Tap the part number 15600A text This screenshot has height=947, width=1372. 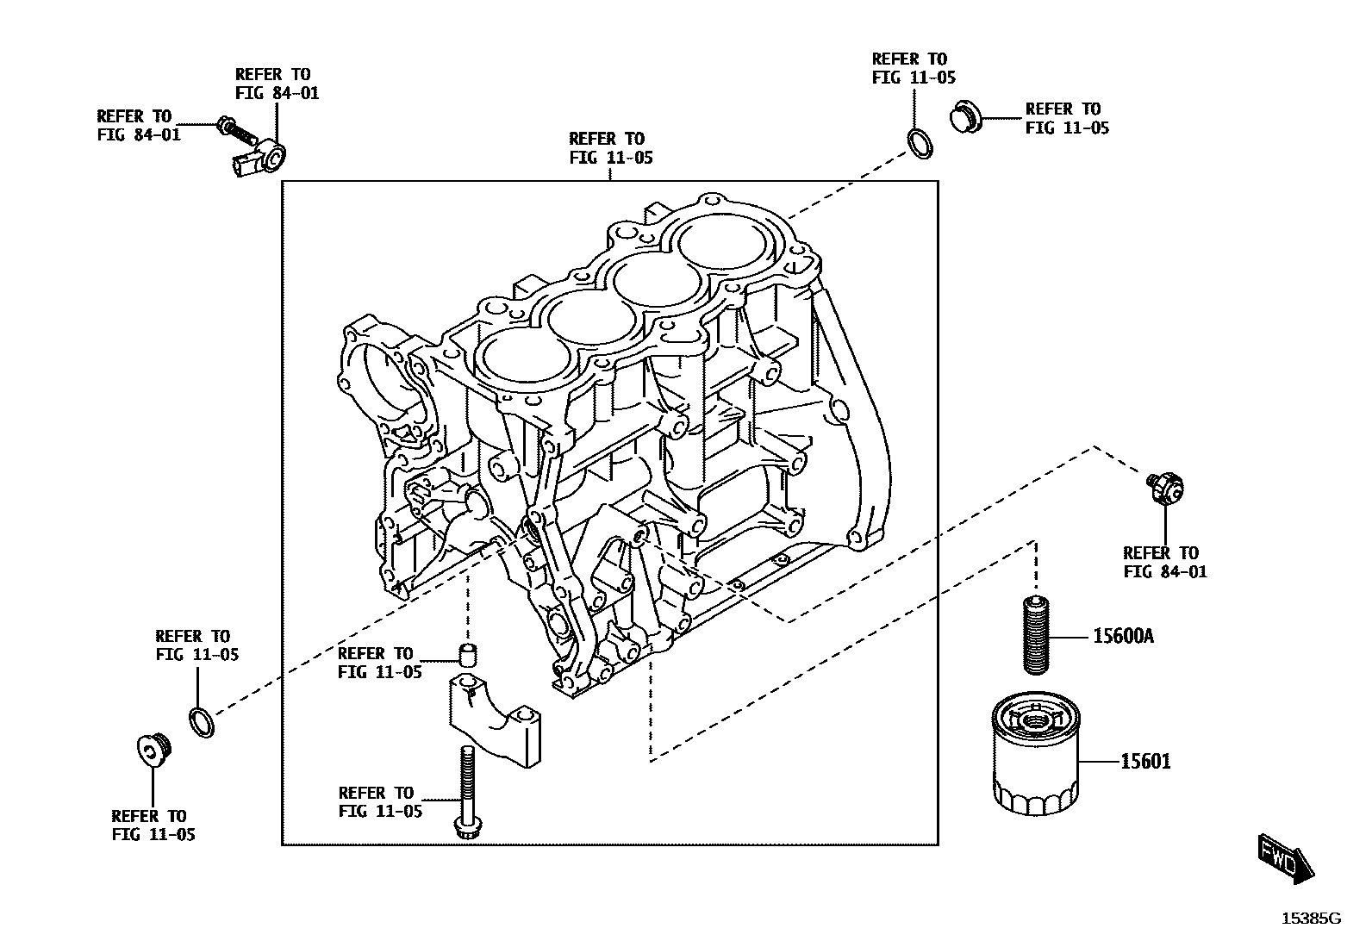[1123, 637]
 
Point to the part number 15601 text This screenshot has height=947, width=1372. [1145, 762]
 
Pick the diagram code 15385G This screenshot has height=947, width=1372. [1310, 919]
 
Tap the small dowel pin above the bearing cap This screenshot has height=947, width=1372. [467, 655]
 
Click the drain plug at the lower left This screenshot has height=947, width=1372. [154, 750]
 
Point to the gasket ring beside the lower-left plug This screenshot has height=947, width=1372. [201, 721]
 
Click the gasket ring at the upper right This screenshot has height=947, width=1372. [920, 144]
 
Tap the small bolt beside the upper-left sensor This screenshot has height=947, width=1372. [235, 130]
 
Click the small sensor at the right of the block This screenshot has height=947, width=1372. [1166, 489]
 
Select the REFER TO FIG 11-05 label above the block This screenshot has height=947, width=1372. [610, 148]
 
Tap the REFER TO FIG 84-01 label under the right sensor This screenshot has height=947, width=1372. [1164, 562]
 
